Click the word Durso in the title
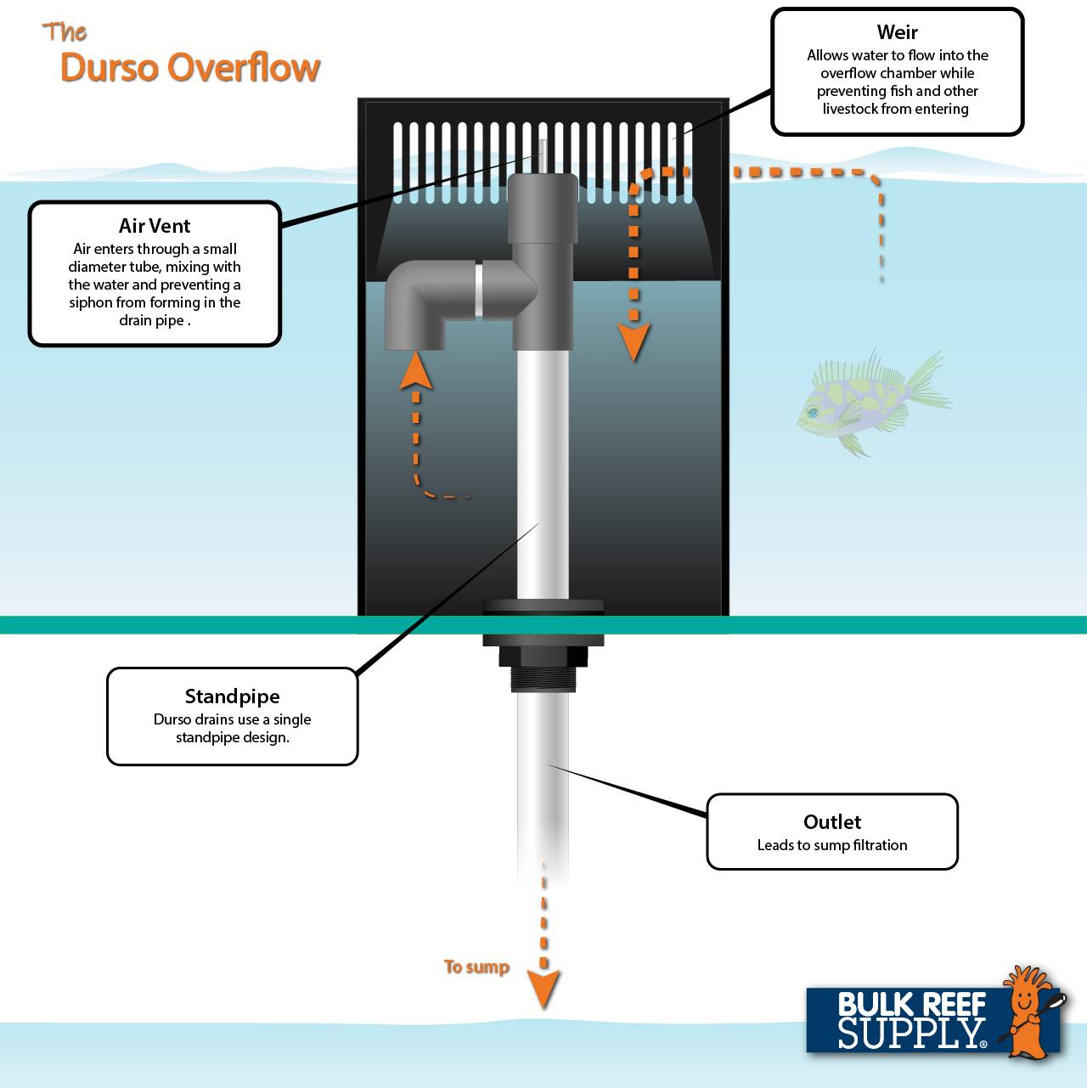[x=110, y=68]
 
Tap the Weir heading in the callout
[x=897, y=32]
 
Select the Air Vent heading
[x=155, y=226]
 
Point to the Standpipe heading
[x=232, y=696]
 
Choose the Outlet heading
[x=832, y=822]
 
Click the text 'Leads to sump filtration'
[x=832, y=845]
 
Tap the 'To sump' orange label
[x=476, y=967]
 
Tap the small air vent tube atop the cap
[x=542, y=157]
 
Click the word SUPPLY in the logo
[x=910, y=1033]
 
